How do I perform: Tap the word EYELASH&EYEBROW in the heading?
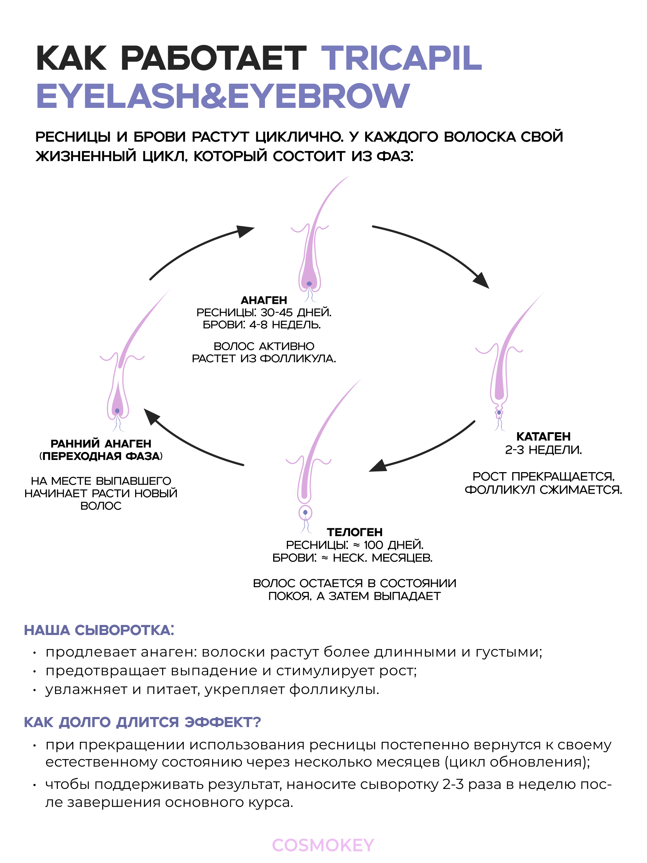coord(223,96)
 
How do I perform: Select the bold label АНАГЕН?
coord(264,300)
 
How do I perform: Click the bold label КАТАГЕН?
coord(543,436)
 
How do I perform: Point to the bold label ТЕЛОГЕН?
coord(354,532)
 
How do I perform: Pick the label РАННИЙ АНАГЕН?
coord(101,444)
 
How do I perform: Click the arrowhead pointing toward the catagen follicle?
coord(481,280)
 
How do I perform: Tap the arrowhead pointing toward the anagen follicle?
coord(245,231)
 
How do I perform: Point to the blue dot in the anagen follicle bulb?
coord(309,284)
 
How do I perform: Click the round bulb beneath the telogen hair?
coord(306,513)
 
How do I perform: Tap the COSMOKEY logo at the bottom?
coord(323,845)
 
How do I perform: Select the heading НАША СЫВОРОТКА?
coord(99,630)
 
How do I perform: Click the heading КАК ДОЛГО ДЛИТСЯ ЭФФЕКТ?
coord(142,722)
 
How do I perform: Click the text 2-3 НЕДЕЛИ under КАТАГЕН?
coord(543,450)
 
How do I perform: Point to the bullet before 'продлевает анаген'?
coord(35,653)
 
